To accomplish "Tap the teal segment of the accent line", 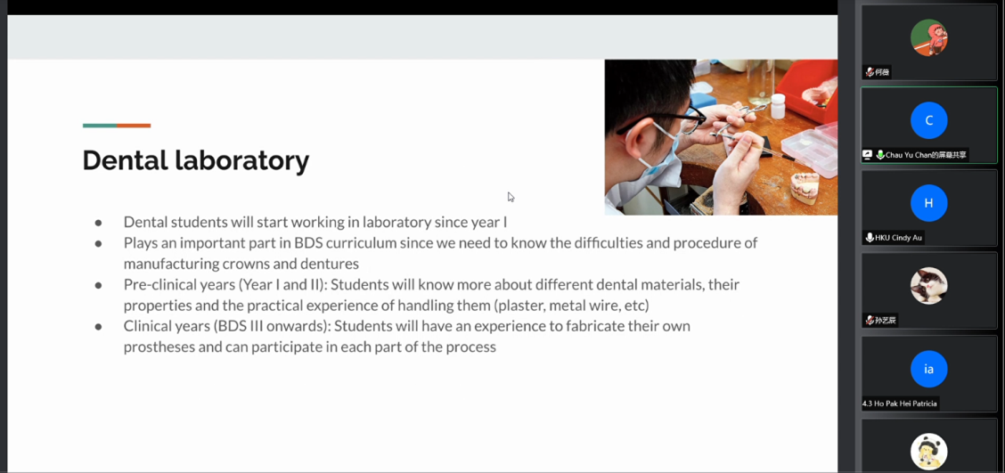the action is [x=100, y=126].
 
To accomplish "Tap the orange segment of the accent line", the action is [x=134, y=126].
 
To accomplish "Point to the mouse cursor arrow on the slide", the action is [x=511, y=197].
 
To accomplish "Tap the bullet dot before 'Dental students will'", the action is [x=99, y=223].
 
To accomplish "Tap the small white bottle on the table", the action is [x=778, y=106].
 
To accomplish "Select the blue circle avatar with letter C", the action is [x=928, y=120].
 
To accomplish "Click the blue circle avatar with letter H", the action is [x=928, y=203].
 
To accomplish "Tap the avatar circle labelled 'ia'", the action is [x=928, y=369].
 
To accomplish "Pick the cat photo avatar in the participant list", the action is [x=928, y=286].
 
